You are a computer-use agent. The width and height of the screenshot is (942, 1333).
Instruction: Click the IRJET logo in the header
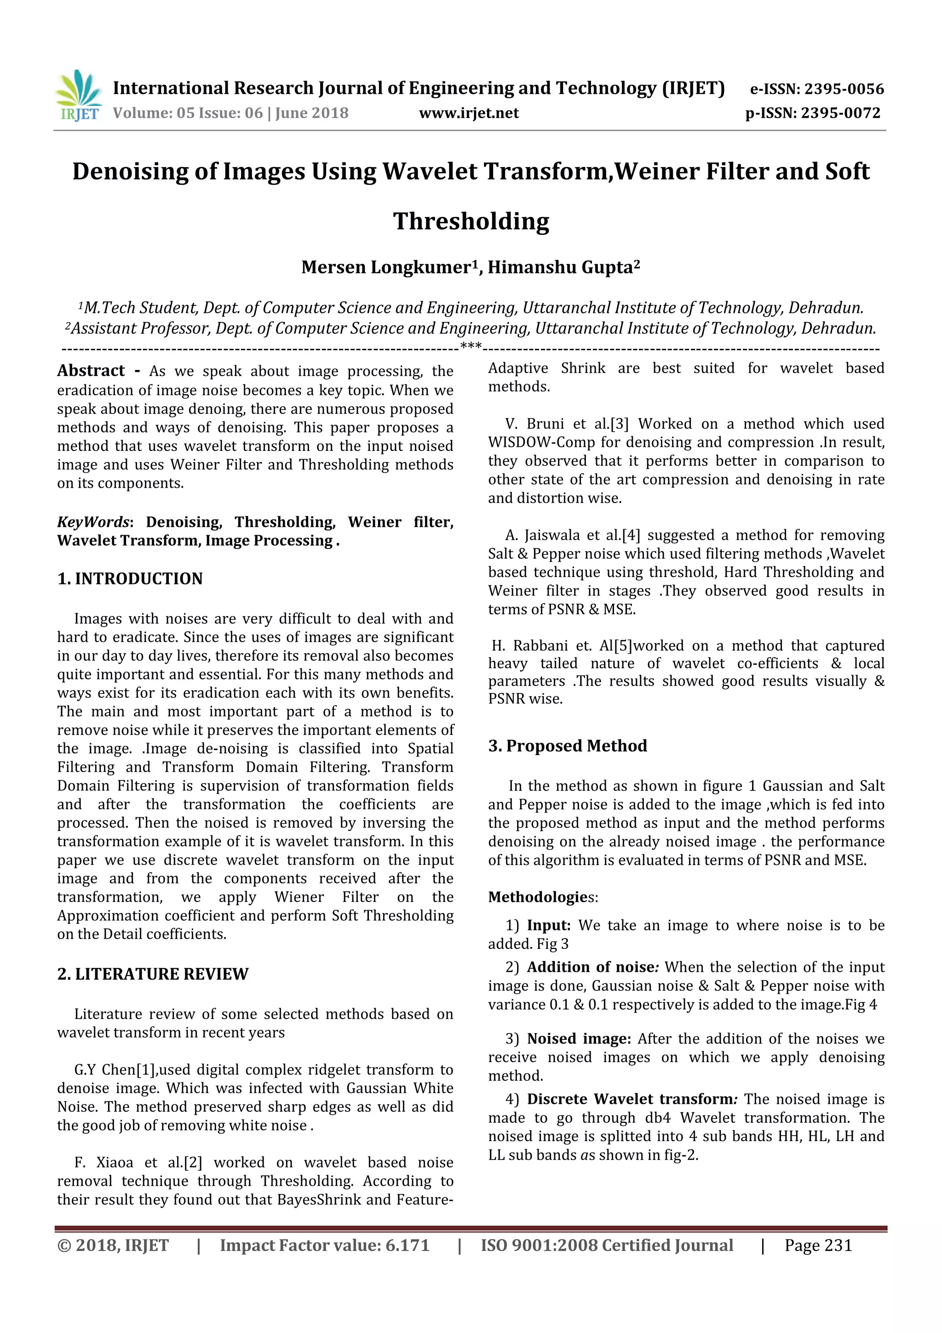tap(78, 96)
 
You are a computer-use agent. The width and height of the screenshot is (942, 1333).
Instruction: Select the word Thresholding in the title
tap(471, 221)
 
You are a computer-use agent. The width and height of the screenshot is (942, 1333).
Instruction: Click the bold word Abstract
tap(91, 370)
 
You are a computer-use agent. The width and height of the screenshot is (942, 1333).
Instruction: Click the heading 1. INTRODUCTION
tap(130, 578)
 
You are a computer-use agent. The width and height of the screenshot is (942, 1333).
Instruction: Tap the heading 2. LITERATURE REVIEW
tap(153, 974)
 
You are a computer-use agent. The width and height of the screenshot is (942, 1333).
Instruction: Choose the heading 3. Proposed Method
tap(567, 745)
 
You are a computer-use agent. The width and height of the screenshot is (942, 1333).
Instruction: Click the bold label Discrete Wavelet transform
tap(630, 1099)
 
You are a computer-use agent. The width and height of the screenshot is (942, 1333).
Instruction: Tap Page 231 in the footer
tap(818, 1245)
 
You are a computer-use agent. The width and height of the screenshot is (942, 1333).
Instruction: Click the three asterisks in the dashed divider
tap(471, 347)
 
